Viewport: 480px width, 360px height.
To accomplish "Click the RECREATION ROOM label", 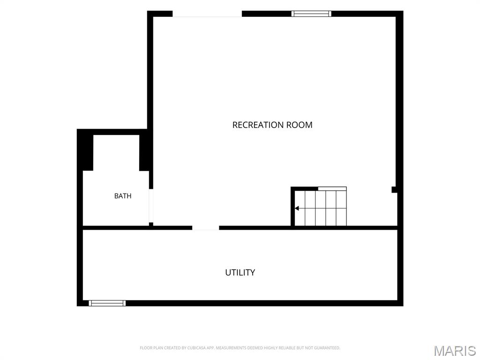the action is pos(272,125).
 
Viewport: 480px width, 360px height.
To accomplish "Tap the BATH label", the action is pos(123,196).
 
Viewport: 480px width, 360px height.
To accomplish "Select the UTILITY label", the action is pos(240,272).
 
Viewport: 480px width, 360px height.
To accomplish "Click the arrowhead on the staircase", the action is pos(297,209).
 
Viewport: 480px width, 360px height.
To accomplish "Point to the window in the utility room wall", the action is pos(107,303).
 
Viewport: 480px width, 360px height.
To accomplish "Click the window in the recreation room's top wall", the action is pos(311,14).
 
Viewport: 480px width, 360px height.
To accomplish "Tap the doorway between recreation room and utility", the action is pos(205,228).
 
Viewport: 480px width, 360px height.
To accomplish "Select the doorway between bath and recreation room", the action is pos(151,206).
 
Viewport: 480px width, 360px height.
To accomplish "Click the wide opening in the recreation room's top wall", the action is pos(207,14).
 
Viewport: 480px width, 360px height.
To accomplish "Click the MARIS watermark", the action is pos(455,351).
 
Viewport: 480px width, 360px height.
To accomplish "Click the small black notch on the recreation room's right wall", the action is pos(394,189).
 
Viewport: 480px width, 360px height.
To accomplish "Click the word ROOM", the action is pos(300,125).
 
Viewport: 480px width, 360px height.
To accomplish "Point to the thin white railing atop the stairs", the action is pos(332,188).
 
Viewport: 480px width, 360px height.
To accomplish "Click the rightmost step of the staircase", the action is pos(341,208).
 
